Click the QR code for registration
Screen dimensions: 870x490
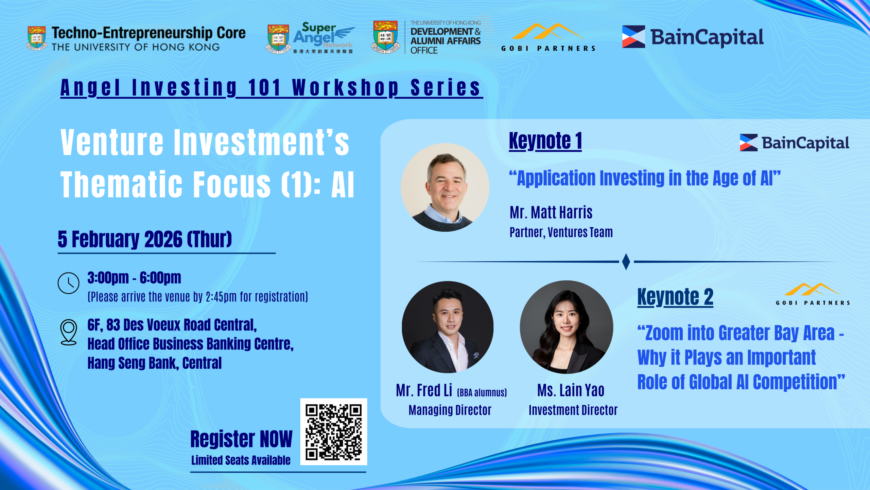tap(333, 431)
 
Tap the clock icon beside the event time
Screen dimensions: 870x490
tap(68, 283)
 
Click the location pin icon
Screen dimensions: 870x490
tap(68, 332)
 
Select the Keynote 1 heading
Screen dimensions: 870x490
tap(545, 141)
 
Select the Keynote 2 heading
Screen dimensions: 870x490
tap(675, 297)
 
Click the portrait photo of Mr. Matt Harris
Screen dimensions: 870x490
tap(445, 187)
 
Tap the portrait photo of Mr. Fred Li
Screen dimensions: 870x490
tap(448, 327)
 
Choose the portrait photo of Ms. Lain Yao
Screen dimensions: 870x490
tap(567, 327)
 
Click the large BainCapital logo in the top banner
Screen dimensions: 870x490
tap(693, 37)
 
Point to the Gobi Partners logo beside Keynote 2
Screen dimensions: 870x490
tap(813, 294)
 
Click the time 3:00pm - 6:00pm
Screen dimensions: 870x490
tap(134, 278)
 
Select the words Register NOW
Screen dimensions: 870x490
tap(241, 439)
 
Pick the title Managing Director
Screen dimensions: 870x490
tap(450, 410)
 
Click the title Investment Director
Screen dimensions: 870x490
tap(573, 410)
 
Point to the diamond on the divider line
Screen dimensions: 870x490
tap(626, 262)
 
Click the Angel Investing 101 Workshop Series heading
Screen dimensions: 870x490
tap(271, 88)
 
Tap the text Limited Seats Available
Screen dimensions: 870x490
tap(241, 460)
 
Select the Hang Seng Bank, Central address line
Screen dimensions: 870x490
tap(155, 363)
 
